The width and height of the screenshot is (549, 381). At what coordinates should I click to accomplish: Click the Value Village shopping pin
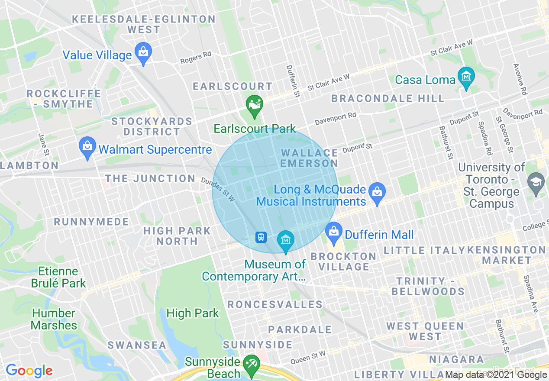tap(142, 52)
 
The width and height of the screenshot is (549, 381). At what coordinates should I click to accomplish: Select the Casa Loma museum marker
tap(466, 77)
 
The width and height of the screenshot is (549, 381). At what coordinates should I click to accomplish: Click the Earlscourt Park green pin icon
tap(255, 105)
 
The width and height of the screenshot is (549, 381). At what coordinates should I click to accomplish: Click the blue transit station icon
tap(261, 237)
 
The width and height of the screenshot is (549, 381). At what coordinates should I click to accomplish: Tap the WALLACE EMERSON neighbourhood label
tap(309, 158)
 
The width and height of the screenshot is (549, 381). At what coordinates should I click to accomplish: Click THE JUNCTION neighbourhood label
tap(150, 178)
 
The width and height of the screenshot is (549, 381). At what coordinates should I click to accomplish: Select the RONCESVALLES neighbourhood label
tap(275, 304)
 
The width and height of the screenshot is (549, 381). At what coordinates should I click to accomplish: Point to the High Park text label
tap(193, 313)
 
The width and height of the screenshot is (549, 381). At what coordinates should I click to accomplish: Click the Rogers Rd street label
tap(196, 58)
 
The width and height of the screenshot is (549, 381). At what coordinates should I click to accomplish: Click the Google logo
tap(29, 370)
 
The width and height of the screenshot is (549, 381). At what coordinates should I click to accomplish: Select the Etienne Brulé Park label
tap(58, 278)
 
